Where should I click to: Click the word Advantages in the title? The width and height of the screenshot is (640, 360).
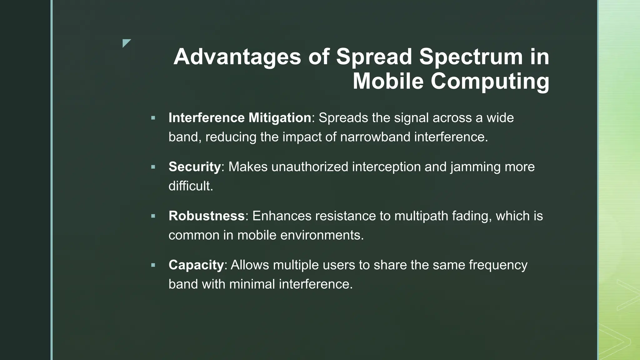[237, 57]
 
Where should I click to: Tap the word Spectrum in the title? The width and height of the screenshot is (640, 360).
[471, 57]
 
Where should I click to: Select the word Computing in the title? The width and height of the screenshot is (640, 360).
[490, 82]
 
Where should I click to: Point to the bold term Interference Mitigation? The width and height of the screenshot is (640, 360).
[240, 118]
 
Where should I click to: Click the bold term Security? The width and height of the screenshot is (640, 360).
[194, 167]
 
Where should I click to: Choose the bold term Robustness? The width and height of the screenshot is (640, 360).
[206, 216]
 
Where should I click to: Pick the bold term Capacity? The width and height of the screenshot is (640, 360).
[196, 265]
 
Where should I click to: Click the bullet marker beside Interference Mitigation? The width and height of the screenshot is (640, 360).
[153, 118]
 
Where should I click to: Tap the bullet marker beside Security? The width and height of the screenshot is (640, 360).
[153, 167]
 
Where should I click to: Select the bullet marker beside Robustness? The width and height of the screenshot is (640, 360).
[153, 216]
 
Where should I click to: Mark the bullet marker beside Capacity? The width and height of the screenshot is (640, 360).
[153, 265]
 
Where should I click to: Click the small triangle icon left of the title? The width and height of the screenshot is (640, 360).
[126, 43]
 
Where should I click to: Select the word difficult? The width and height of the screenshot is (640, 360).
[190, 186]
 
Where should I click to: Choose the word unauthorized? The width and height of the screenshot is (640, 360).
[310, 167]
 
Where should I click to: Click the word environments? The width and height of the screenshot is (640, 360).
[322, 235]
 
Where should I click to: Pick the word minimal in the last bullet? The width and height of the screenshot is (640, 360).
[252, 284]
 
